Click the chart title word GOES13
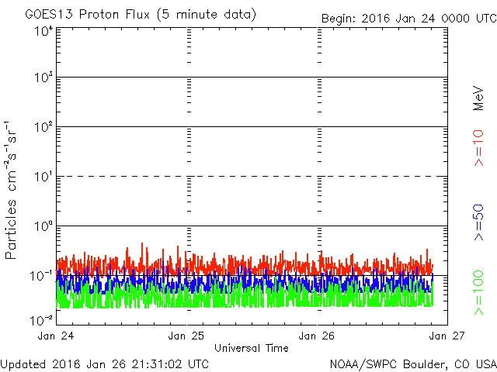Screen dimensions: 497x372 [49, 15]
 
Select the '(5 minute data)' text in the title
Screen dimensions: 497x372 [207, 15]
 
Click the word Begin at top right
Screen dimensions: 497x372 [339, 19]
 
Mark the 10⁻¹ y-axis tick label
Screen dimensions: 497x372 [42, 276]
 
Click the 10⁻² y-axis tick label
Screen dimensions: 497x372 [42, 320]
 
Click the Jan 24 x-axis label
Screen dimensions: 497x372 [56, 336]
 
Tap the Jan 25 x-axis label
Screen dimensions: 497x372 [186, 336]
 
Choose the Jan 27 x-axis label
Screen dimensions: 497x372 [447, 336]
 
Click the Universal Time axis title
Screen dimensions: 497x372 [252, 348]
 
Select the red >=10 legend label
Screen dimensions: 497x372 [478, 148]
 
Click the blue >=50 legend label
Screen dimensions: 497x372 [478, 222]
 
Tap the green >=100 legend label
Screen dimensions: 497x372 [478, 293]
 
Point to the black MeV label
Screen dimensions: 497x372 [478, 98]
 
